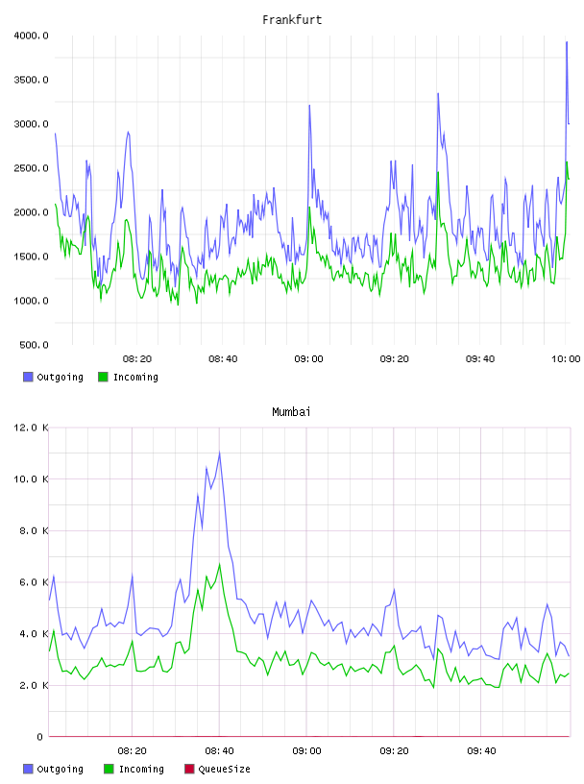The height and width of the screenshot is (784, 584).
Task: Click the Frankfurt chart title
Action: [292, 20]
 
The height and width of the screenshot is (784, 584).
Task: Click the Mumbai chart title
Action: [291, 412]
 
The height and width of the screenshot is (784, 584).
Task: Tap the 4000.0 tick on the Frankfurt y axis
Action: [31, 36]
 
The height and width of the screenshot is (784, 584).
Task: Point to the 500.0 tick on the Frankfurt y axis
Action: [34, 345]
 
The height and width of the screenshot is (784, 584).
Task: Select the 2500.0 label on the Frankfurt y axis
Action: [31, 168]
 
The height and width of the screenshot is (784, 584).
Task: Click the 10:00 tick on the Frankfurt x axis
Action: [566, 359]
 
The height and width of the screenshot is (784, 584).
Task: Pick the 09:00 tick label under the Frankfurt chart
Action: [308, 359]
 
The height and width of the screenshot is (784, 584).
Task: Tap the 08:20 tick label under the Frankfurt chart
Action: [137, 359]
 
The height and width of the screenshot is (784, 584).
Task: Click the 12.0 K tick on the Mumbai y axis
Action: [31, 428]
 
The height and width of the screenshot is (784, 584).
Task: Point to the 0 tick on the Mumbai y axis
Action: [39, 737]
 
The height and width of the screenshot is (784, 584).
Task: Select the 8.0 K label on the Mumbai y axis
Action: [34, 530]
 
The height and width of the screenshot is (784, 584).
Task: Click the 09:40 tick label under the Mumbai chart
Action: [481, 751]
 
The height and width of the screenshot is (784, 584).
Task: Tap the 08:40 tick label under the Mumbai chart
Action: [219, 751]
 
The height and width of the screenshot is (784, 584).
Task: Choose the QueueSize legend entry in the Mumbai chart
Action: [217, 769]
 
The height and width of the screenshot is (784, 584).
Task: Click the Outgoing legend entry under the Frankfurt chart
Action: [53, 377]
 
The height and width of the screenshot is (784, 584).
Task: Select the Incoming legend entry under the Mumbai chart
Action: [134, 769]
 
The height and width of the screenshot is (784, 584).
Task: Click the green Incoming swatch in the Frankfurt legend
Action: [103, 377]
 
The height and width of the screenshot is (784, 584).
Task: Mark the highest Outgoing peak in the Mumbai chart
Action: [220, 453]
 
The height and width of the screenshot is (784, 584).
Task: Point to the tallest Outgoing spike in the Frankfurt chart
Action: [567, 42]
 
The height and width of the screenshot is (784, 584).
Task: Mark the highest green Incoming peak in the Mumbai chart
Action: [220, 564]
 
